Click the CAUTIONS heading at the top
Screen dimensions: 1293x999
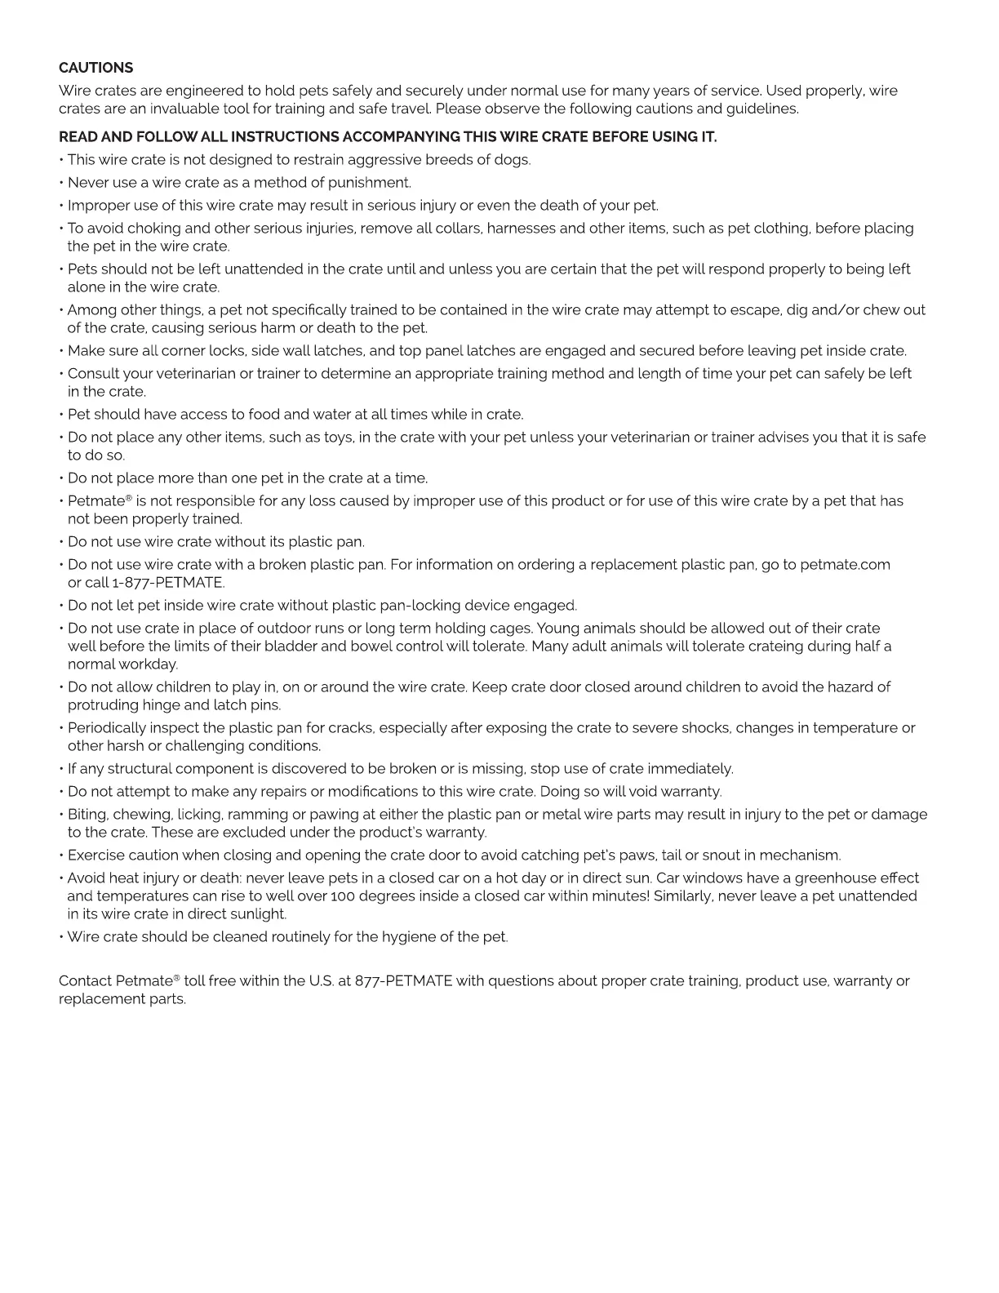click(95, 68)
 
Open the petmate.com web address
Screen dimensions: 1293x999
click(845, 565)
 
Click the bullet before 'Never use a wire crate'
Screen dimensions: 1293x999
click(61, 183)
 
